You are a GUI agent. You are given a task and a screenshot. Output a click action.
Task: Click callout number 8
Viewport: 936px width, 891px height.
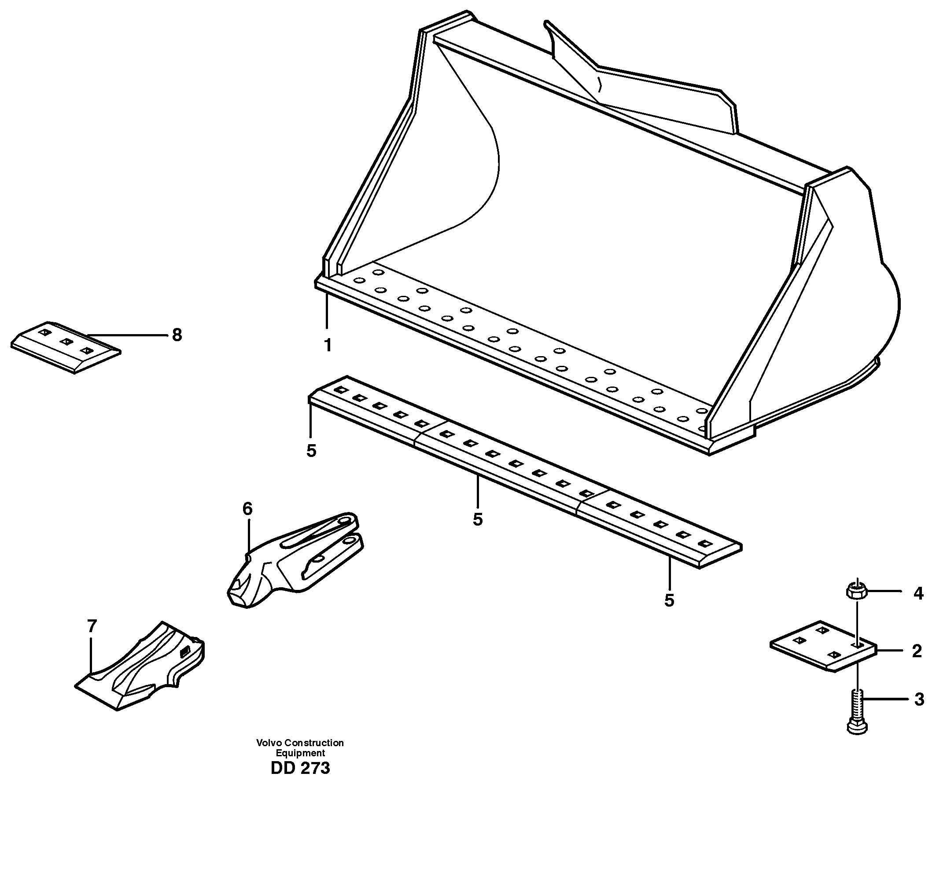pyautogui.click(x=177, y=335)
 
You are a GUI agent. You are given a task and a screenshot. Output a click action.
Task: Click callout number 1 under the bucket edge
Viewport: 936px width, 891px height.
pyautogui.click(x=328, y=345)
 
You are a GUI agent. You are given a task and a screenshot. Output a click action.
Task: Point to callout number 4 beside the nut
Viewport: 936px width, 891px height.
pyautogui.click(x=918, y=593)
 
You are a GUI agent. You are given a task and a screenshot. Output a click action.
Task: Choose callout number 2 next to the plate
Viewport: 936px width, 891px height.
pyautogui.click(x=917, y=651)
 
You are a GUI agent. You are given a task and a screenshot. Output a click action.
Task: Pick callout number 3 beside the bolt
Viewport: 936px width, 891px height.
pyautogui.click(x=919, y=699)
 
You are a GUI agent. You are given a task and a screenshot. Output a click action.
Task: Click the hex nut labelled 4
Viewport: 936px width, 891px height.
pyautogui.click(x=857, y=592)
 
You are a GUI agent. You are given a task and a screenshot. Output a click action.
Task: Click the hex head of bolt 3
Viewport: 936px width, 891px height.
pyautogui.click(x=857, y=728)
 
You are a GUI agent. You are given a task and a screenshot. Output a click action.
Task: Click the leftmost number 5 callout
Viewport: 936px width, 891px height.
pyautogui.click(x=311, y=451)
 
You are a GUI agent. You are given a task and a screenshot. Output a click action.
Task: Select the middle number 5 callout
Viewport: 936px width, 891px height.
pyautogui.click(x=478, y=519)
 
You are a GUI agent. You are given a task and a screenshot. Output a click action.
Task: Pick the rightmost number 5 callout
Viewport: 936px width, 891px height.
pyautogui.click(x=669, y=600)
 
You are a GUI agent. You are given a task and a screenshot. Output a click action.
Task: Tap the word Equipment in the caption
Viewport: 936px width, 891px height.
pyautogui.click(x=300, y=753)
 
